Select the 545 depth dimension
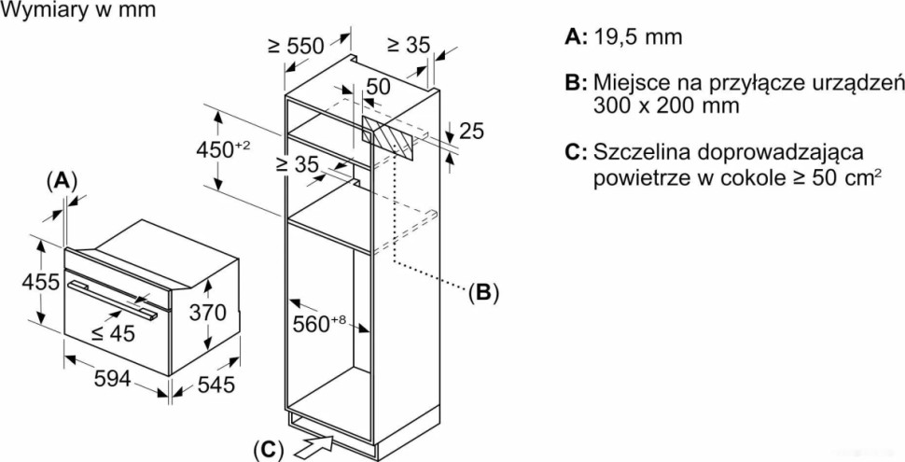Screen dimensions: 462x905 pos(216,384)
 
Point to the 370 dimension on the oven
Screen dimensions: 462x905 pos(208,314)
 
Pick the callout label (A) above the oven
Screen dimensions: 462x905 pos(62,180)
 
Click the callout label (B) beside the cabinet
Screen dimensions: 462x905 pos(483,293)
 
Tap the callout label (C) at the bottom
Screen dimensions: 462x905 pos(267,449)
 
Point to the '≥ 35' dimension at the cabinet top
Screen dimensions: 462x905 pos(407,44)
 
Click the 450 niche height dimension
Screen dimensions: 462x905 pos(223,148)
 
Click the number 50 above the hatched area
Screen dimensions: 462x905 pos(377,86)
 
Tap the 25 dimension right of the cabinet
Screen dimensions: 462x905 pos(472,132)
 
